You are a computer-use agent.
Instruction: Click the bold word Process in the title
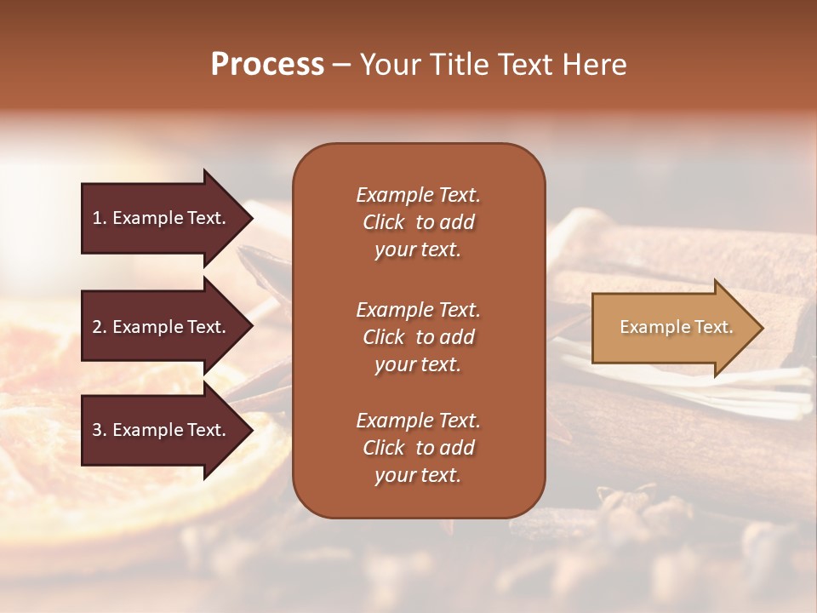(x=267, y=65)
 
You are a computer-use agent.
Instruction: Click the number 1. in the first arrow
(x=100, y=218)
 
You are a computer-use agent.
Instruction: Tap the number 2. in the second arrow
(x=100, y=327)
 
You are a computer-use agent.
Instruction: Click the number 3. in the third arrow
(x=100, y=430)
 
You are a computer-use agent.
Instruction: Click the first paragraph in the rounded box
(x=418, y=222)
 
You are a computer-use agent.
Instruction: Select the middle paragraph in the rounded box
(x=418, y=337)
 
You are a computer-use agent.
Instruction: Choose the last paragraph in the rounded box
(x=418, y=448)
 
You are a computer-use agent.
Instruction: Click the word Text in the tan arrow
(x=713, y=327)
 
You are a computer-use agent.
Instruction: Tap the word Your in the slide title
(x=389, y=65)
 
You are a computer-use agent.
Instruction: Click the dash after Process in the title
(x=341, y=66)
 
